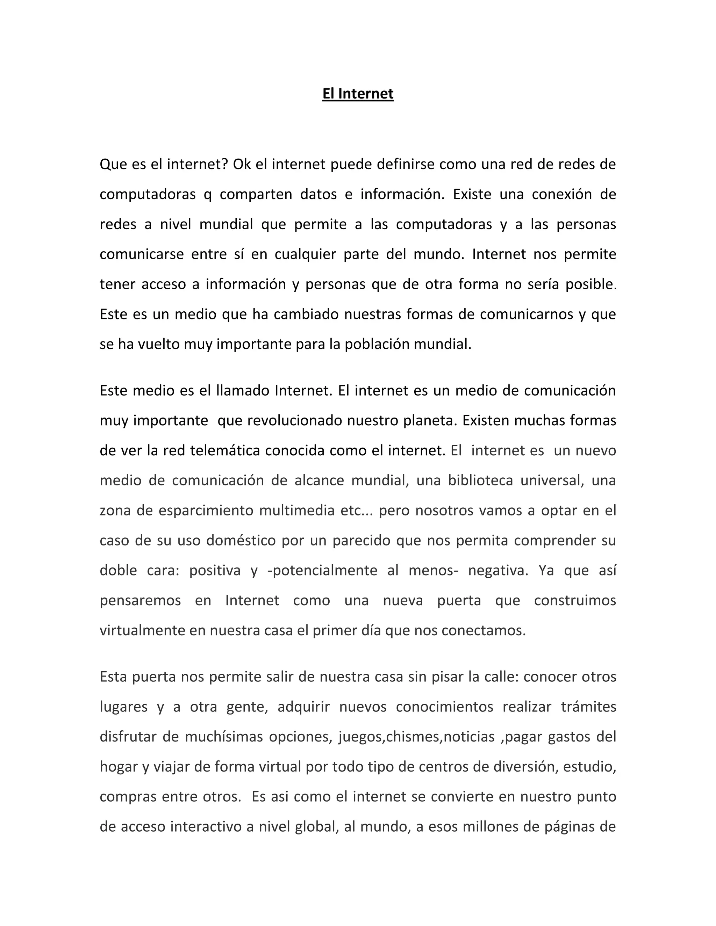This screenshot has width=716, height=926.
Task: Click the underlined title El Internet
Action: pyautogui.click(x=358, y=94)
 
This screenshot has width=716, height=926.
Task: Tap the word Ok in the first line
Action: pyautogui.click(x=242, y=164)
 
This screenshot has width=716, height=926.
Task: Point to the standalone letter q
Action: pyautogui.click(x=207, y=194)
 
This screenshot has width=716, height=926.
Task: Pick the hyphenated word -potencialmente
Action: pyautogui.click(x=322, y=571)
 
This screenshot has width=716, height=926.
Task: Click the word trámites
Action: pyautogui.click(x=588, y=707)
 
